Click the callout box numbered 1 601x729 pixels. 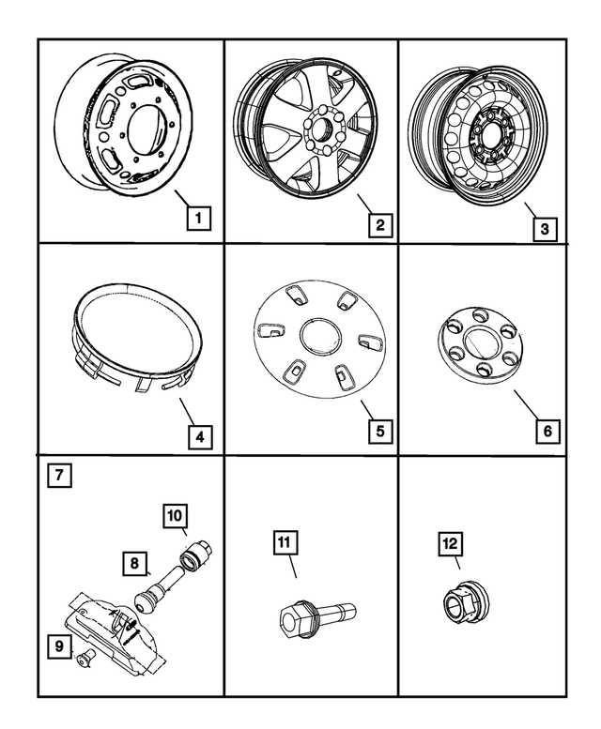197,219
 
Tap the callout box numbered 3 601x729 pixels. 542,227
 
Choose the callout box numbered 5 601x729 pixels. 379,432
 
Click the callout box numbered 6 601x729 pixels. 548,432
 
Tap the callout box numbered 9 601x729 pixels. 59,645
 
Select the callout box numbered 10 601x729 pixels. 175,515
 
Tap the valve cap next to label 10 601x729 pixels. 200,550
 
